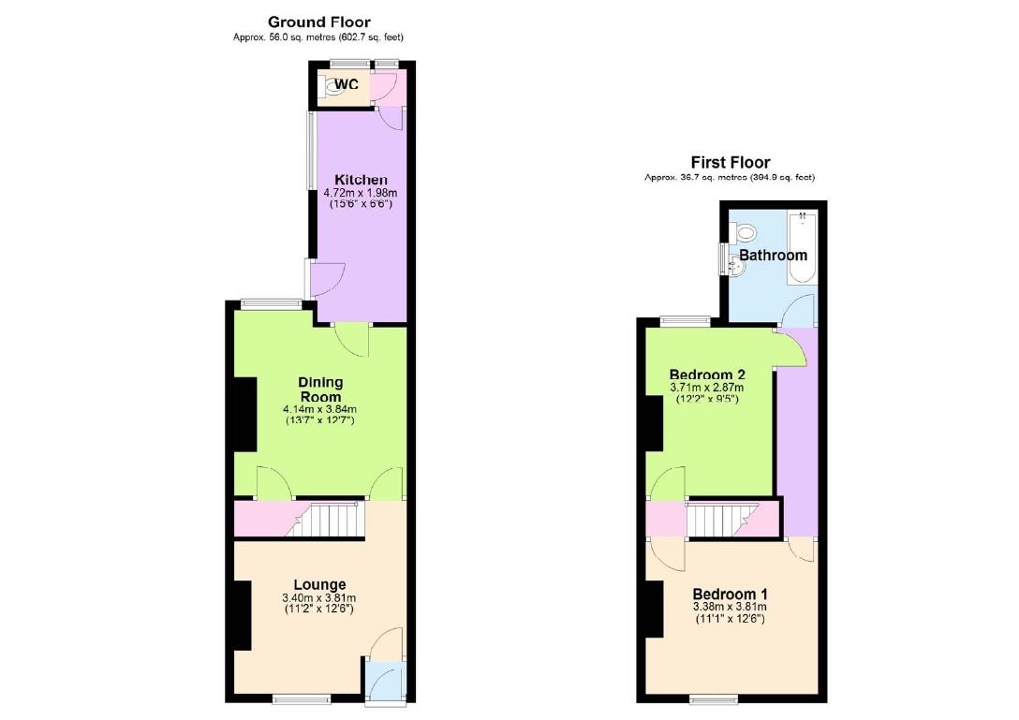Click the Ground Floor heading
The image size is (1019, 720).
[318, 22]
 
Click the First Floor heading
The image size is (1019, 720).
[731, 162]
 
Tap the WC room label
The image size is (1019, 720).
[347, 84]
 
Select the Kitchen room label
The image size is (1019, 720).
[361, 180]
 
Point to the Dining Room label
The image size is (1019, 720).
[320, 389]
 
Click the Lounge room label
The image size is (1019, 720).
[320, 585]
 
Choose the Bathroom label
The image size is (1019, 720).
[773, 255]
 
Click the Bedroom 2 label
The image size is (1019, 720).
[706, 375]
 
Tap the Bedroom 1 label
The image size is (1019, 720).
[731, 594]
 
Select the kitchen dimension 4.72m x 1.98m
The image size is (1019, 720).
[361, 193]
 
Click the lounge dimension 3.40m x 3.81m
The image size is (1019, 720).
[320, 598]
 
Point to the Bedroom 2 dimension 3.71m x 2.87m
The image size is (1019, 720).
[706, 388]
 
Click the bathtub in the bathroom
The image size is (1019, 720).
[803, 247]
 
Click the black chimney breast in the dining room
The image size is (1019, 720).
[244, 415]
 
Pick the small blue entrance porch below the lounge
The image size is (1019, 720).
[384, 683]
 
